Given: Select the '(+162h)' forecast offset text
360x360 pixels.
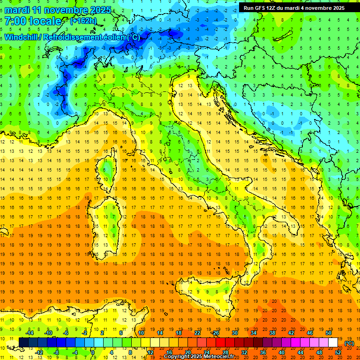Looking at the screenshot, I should pyautogui.click(x=84, y=21).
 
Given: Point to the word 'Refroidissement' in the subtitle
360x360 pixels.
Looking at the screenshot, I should pyautogui.click(x=75, y=37).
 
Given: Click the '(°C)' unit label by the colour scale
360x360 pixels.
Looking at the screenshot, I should pyautogui.click(x=349, y=343).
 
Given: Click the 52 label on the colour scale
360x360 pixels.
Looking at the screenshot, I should pyautogui.click(x=338, y=352).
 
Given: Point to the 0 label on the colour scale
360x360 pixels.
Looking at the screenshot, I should pyautogui.click(x=93, y=352).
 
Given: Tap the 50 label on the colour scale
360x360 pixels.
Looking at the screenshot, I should pyautogui.click(x=329, y=333).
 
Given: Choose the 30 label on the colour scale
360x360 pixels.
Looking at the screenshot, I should pyautogui.click(x=234, y=333).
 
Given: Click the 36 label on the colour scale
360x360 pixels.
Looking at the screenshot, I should pyautogui.click(x=262, y=352).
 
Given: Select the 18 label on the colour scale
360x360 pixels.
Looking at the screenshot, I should pyautogui.click(x=178, y=333).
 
